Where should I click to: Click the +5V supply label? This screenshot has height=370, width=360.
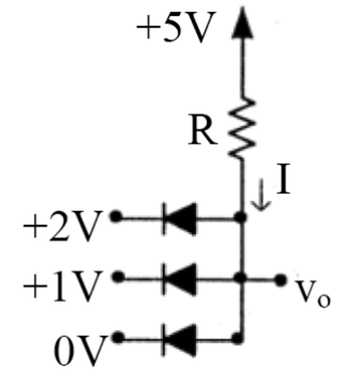[x=176, y=26]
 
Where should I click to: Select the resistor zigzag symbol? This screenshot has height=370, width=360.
[x=242, y=128]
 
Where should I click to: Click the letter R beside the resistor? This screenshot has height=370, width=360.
[x=202, y=133]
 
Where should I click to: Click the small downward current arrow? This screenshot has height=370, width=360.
[x=261, y=194]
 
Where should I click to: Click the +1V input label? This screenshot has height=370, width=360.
[x=61, y=285]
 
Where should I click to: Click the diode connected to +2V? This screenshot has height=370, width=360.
[x=180, y=218]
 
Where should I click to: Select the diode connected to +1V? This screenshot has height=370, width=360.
[x=180, y=279]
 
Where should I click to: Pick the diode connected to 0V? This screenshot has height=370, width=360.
[x=180, y=339]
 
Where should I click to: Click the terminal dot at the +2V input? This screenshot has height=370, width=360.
[x=116, y=216]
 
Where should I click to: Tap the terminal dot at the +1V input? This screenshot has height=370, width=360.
[x=119, y=276]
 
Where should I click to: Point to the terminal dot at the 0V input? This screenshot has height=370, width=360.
[x=119, y=338]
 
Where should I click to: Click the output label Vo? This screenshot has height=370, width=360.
[x=312, y=293]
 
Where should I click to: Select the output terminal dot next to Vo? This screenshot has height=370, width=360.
[x=281, y=280]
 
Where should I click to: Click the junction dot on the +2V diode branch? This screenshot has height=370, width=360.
[x=240, y=217]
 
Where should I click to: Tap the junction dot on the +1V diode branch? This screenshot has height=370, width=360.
[x=240, y=278]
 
